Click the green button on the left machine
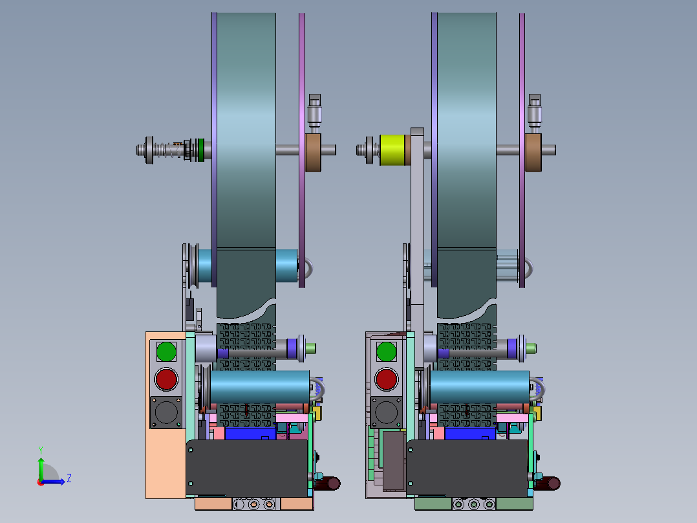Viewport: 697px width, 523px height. click(x=166, y=351)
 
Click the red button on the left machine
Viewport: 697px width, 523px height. click(x=166, y=379)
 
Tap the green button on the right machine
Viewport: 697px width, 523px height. click(x=386, y=351)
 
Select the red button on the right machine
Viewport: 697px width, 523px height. click(x=386, y=379)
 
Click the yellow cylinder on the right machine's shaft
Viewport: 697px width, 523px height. click(x=392, y=150)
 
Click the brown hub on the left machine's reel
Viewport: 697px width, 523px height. click(x=313, y=153)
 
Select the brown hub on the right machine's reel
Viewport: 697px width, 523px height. click(x=533, y=153)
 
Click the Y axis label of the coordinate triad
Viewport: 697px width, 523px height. click(x=41, y=451)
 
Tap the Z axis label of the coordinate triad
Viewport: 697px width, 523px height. click(x=69, y=478)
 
